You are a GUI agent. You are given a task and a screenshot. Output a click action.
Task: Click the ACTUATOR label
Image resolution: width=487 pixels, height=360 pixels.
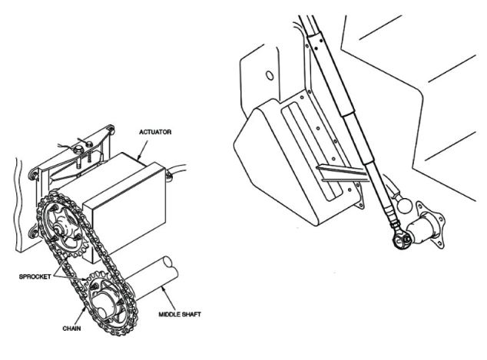click(155, 132)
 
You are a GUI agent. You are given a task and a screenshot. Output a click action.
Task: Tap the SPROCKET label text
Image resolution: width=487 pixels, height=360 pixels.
click(35, 276)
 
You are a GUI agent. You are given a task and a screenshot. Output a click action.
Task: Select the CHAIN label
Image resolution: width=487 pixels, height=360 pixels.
click(71, 329)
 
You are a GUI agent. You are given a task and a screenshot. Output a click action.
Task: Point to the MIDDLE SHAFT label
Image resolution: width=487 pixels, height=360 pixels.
click(180, 315)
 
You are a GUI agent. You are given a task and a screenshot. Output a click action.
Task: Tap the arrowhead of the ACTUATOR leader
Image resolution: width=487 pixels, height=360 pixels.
click(140, 157)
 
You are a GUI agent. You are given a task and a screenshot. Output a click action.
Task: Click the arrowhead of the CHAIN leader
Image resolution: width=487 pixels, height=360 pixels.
click(84, 309)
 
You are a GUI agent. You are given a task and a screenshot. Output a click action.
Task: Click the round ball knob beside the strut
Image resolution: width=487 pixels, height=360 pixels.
click(404, 206)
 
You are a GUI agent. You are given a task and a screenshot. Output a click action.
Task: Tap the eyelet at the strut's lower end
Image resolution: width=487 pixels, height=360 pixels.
click(401, 239)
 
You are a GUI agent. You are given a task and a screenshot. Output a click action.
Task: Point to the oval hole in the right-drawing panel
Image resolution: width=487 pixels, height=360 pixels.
click(270, 75)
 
